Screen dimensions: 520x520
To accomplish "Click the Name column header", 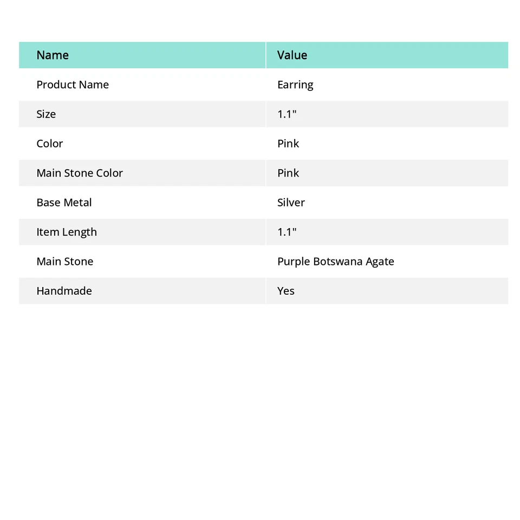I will click(53, 55).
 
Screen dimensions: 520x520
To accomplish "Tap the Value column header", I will click(292, 55).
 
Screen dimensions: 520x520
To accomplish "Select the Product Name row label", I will click(73, 85).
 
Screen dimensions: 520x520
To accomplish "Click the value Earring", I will click(295, 85).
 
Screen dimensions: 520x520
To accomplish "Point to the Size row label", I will click(46, 114).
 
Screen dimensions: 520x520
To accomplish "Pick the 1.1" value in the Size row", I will click(287, 114).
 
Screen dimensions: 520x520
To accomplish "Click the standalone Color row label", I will click(50, 144).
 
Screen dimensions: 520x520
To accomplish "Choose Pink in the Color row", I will click(288, 144).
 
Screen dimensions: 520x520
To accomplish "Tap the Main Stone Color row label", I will click(80, 173).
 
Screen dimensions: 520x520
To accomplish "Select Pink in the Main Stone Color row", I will click(288, 173).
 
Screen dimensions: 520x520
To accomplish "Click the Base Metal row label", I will click(64, 203).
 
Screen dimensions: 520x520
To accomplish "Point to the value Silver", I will click(291, 203).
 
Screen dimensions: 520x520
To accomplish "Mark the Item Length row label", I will click(67, 232).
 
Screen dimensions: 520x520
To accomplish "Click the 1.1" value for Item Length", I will click(287, 232).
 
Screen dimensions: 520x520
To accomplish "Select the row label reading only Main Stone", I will click(65, 262).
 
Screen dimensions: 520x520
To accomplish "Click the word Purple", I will click(294, 262).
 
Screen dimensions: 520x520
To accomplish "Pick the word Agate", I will click(380, 262).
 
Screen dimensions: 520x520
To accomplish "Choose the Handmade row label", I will click(64, 291).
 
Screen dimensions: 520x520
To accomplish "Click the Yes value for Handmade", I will click(286, 291).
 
